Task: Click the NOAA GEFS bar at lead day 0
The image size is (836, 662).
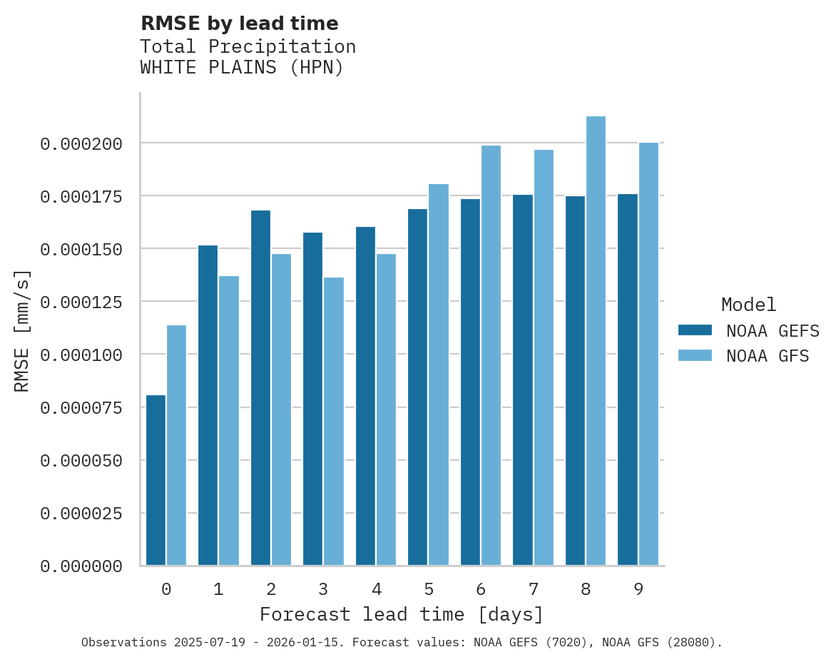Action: click(x=156, y=480)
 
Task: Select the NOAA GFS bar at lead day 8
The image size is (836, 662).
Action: click(x=596, y=341)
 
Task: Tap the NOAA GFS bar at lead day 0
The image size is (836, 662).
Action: click(x=176, y=445)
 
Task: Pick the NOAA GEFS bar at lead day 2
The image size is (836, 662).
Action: click(x=260, y=387)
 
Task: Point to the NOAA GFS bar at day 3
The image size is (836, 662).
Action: click(x=334, y=421)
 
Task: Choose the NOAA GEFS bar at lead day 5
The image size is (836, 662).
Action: click(x=418, y=387)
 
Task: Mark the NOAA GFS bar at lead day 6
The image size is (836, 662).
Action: click(x=491, y=355)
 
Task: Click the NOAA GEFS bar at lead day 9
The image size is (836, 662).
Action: click(x=628, y=380)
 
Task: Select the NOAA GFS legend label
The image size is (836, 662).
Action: click(x=768, y=355)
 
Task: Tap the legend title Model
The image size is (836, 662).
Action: click(x=748, y=305)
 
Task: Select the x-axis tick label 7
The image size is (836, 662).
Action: click(x=533, y=589)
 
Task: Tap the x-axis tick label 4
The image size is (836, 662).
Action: click(x=376, y=589)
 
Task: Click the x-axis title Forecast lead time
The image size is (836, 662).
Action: click(x=402, y=614)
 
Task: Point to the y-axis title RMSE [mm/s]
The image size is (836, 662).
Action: click(x=23, y=331)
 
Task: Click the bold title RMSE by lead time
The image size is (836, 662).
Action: click(x=239, y=24)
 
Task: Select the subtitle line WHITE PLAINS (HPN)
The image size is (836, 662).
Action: click(x=242, y=68)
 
